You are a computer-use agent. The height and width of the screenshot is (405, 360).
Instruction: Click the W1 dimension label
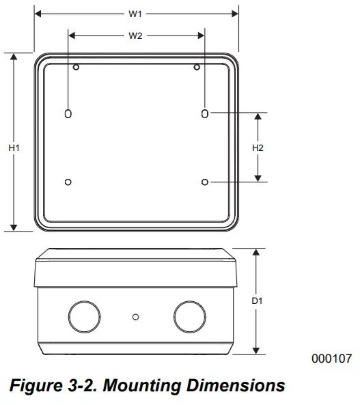click(136, 14)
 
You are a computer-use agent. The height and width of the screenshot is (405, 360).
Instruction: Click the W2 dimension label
click(136, 36)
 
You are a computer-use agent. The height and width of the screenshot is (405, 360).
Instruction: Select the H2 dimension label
click(258, 148)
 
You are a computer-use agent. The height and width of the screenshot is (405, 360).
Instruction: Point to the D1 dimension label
click(258, 301)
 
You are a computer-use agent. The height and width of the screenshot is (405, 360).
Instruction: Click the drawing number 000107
click(331, 358)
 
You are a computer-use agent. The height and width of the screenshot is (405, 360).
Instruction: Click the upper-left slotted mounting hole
click(67, 113)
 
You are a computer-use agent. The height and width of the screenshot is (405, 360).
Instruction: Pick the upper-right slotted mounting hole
click(205, 113)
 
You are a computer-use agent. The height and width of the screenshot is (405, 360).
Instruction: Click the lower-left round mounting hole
click(67, 181)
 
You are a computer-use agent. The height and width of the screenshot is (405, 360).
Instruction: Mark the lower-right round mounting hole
click(206, 181)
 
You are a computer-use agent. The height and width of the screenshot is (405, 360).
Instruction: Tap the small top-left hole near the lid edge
click(77, 67)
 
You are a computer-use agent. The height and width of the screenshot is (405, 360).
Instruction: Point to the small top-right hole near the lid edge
click(197, 67)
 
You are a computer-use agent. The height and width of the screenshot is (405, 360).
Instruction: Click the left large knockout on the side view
click(84, 316)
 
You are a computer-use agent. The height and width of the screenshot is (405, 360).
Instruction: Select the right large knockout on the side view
click(189, 316)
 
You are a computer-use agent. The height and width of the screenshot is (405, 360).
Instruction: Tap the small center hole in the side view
click(136, 316)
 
